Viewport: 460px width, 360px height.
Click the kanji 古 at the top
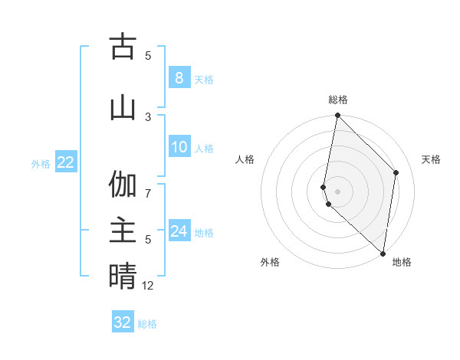123,47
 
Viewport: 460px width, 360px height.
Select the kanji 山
123,107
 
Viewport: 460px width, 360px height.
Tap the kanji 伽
123,185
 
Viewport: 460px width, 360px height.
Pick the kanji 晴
123,277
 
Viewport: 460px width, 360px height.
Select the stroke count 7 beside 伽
148,185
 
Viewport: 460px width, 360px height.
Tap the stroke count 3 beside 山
148,116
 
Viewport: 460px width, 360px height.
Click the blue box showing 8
179,77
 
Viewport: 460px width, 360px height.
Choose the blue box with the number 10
179,147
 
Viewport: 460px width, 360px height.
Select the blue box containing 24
179,231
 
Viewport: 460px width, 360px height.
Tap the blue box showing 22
66,162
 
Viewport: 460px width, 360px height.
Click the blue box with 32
123,322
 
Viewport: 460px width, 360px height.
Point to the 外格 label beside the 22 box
41,163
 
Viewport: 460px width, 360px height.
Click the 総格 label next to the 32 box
147,324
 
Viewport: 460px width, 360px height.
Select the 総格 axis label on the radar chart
338,100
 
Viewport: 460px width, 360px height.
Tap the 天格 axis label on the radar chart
431,159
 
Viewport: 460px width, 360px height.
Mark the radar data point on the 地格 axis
383,254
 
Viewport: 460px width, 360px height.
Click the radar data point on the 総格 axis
338,116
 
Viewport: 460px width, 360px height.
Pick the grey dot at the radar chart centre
338,191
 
